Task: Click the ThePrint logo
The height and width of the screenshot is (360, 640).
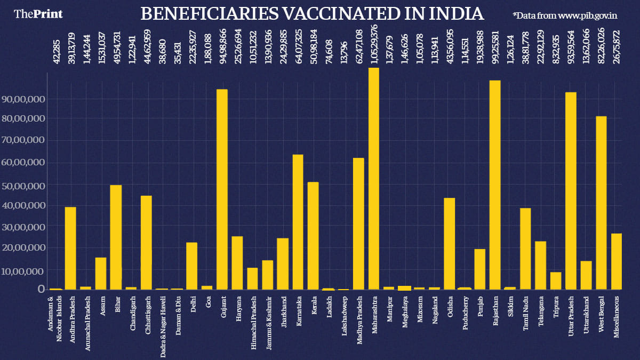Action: click(38, 14)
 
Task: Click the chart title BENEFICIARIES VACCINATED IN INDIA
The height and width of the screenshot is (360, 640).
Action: click(312, 14)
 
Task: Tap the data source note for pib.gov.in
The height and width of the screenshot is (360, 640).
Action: click(565, 15)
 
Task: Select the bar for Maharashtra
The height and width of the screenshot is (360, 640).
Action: click(374, 179)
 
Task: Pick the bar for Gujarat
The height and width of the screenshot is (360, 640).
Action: click(222, 189)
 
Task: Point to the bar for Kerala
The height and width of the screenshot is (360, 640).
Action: click(313, 236)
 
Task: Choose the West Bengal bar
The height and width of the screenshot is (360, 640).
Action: click(601, 203)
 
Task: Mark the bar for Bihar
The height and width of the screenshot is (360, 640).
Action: click(116, 237)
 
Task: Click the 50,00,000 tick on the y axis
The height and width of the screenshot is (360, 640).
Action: click(23, 186)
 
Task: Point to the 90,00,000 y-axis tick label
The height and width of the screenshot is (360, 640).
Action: click(23, 99)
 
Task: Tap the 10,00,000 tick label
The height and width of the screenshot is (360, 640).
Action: click(23, 271)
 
